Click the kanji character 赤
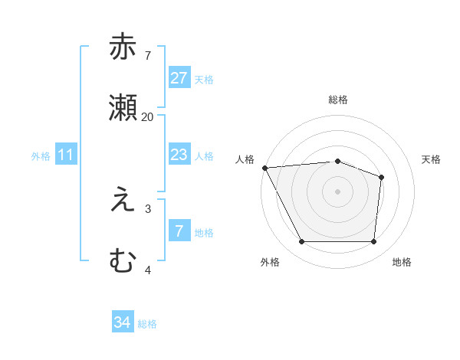pyautogui.click(x=123, y=47)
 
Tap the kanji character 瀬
pyautogui.click(x=123, y=108)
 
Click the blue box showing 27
pyautogui.click(x=179, y=78)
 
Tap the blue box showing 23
pyautogui.click(x=179, y=155)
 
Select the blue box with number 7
pyautogui.click(x=179, y=231)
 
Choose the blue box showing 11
pyautogui.click(x=66, y=155)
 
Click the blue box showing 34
pyautogui.click(x=123, y=322)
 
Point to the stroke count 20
pyautogui.click(x=147, y=117)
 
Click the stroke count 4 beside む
pyautogui.click(x=148, y=270)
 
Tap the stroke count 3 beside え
pyautogui.click(x=148, y=208)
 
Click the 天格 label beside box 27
pyautogui.click(x=204, y=80)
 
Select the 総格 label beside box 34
pyautogui.click(x=147, y=324)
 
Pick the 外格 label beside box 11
pyautogui.click(x=41, y=156)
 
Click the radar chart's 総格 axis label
pyautogui.click(x=338, y=100)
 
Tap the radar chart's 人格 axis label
pyautogui.click(x=245, y=159)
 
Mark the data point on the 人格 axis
pyautogui.click(x=264, y=168)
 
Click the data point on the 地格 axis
pyautogui.click(x=373, y=242)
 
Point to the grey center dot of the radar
pyautogui.click(x=338, y=191)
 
